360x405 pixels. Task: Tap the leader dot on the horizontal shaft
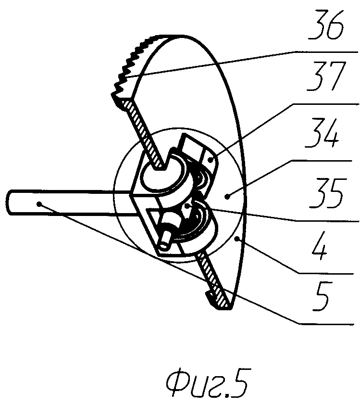(39, 203)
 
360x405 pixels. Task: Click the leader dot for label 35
(189, 206)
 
